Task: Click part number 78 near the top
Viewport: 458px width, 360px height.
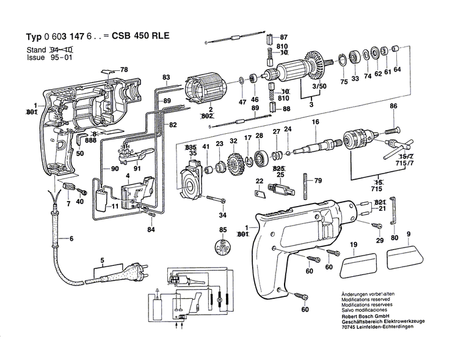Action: tap(124, 69)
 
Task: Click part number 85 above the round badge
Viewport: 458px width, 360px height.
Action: tap(223, 230)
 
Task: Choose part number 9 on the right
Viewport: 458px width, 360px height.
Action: tap(409, 233)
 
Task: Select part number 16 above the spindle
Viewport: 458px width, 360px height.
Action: tap(315, 123)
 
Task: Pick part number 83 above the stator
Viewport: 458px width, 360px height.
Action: tap(165, 77)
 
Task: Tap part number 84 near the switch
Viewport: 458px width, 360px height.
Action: tap(150, 229)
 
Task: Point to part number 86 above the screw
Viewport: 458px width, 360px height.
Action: tap(393, 107)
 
